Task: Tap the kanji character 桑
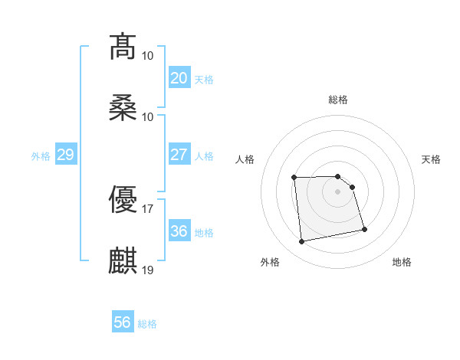click(123, 108)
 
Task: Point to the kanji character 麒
click(123, 261)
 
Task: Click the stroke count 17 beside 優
click(148, 208)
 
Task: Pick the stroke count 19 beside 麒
click(148, 270)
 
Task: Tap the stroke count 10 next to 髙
click(148, 55)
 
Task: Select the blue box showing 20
click(179, 78)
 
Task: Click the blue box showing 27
click(179, 155)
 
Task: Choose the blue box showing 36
click(179, 231)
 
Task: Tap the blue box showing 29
click(65, 155)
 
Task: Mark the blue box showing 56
click(122, 323)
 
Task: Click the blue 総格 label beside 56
click(147, 324)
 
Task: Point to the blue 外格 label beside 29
click(41, 155)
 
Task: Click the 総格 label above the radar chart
click(338, 100)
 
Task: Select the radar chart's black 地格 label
click(402, 262)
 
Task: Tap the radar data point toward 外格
click(302, 242)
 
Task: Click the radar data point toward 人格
click(294, 178)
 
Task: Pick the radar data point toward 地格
click(364, 229)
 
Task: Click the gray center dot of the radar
click(338, 191)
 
